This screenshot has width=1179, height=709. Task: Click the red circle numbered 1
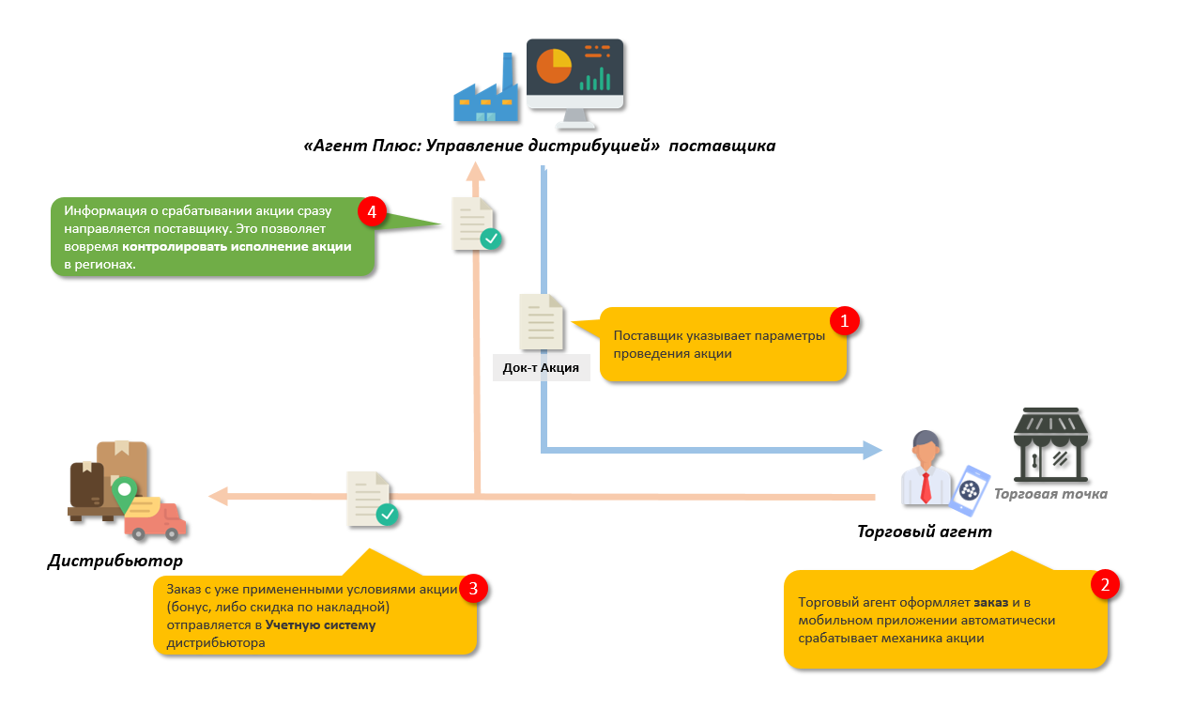point(844,321)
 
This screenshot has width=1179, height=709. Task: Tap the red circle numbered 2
point(1105,585)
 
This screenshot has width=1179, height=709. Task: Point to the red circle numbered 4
point(373,212)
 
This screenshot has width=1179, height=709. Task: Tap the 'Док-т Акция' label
point(541,367)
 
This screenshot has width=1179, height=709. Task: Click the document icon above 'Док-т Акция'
point(542,323)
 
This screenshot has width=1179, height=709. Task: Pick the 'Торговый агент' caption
point(924,532)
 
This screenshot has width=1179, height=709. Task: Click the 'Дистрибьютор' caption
point(115,562)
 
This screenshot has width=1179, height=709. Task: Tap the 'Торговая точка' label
point(1050,494)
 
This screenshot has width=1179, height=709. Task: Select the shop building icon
point(1049,443)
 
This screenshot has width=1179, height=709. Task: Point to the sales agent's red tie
point(926,486)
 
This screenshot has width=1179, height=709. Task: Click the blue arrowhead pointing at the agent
point(873,451)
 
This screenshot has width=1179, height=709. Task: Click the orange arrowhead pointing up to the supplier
point(477,171)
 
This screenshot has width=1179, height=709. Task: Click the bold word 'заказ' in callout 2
point(991,602)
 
